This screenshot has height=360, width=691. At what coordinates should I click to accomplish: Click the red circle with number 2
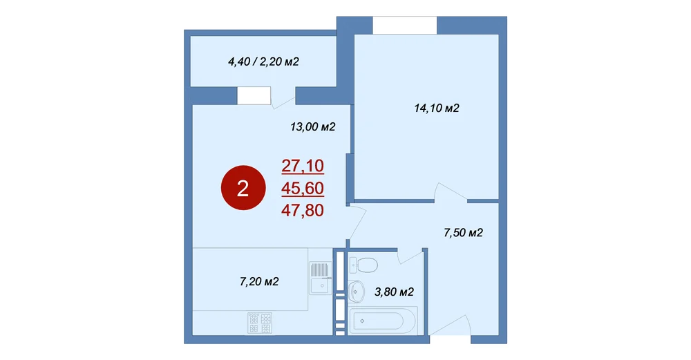243,188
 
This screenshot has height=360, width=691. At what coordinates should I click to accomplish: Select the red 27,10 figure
303,166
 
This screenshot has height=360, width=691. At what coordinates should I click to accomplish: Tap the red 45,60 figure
303,188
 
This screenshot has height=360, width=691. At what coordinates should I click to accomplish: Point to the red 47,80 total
303,210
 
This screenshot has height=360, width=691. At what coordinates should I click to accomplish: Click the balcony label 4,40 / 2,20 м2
263,61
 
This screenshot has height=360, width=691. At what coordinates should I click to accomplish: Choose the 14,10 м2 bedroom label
437,108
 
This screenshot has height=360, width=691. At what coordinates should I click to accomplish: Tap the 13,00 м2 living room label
313,127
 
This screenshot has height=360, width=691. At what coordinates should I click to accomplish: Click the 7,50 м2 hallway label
463,233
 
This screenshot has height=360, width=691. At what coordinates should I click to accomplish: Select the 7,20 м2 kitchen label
259,281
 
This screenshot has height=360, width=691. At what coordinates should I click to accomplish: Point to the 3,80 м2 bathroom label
394,292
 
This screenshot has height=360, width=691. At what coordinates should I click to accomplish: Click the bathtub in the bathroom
383,321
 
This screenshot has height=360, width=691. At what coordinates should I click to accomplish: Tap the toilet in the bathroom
363,265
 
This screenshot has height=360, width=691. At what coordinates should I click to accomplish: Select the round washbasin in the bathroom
356,292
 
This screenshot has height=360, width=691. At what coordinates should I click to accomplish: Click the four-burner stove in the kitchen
260,323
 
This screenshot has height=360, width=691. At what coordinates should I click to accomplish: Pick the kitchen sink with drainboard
320,278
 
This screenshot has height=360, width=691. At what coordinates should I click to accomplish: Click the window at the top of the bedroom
404,25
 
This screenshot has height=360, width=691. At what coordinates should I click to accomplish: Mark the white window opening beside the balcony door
254,95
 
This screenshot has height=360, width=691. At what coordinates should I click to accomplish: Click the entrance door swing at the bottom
451,325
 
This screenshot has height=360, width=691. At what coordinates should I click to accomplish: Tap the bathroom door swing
410,256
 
